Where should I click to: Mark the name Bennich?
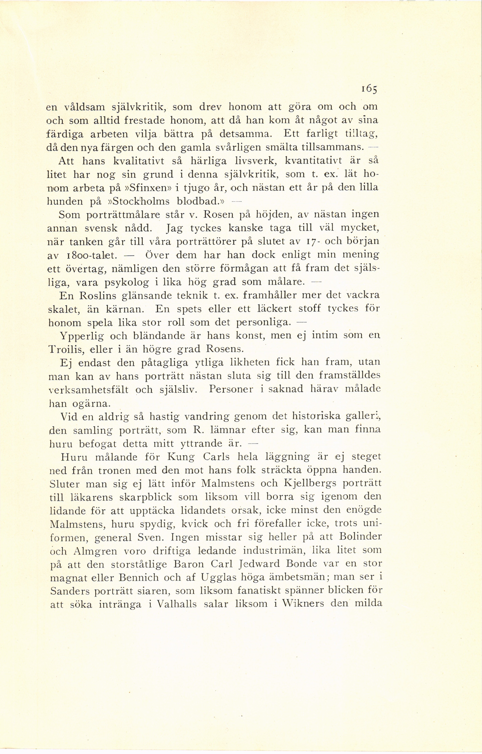[x=148, y=577]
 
